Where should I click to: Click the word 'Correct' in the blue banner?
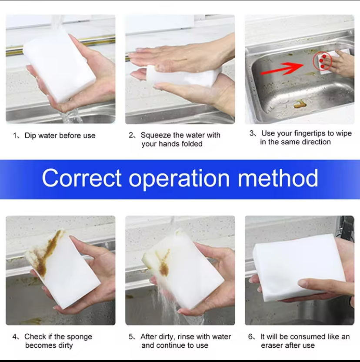(81, 178)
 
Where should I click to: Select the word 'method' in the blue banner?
(278, 178)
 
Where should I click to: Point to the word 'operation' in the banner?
(179, 179)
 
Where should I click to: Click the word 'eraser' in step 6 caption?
(272, 345)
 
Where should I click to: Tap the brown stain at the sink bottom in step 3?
(300, 104)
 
